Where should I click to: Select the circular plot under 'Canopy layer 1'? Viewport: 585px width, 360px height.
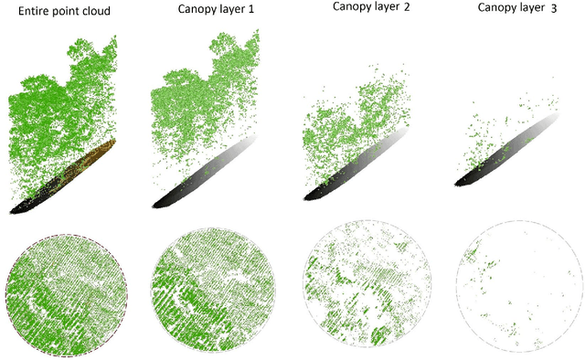point(213,290)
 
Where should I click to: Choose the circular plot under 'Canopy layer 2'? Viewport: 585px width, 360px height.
point(364,290)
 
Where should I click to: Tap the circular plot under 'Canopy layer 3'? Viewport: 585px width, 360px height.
point(517,290)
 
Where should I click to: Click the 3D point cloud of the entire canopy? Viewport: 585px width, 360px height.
point(55,101)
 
